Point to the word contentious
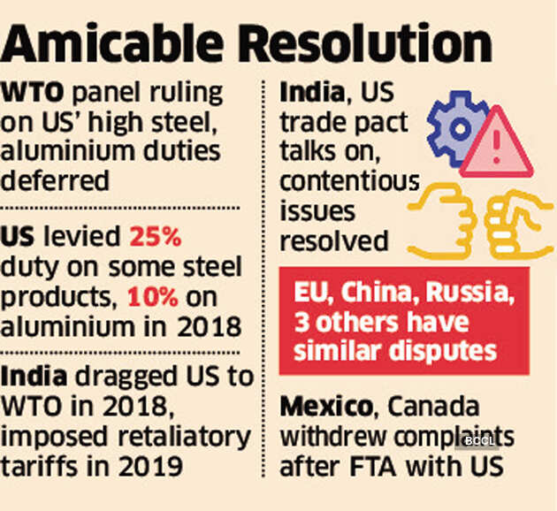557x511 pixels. tap(349, 182)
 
